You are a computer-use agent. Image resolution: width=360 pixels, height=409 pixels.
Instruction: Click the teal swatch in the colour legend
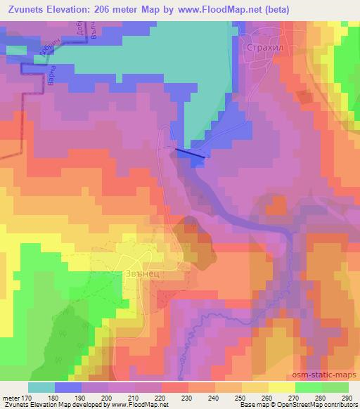[41, 387]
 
